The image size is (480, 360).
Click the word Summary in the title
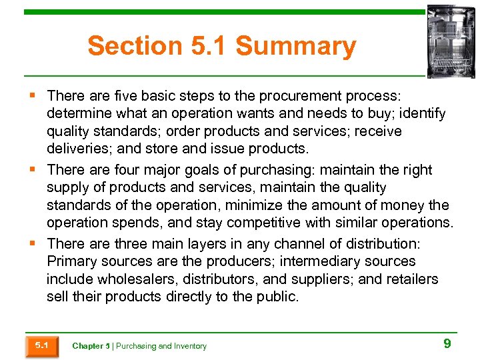pos(295,47)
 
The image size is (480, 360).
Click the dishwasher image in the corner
pos(451,41)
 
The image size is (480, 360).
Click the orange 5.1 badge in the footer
pos(41,345)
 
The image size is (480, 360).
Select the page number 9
pos(447,344)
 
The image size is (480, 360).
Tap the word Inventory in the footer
pos(191,346)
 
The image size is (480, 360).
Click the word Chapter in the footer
pos(87,346)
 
